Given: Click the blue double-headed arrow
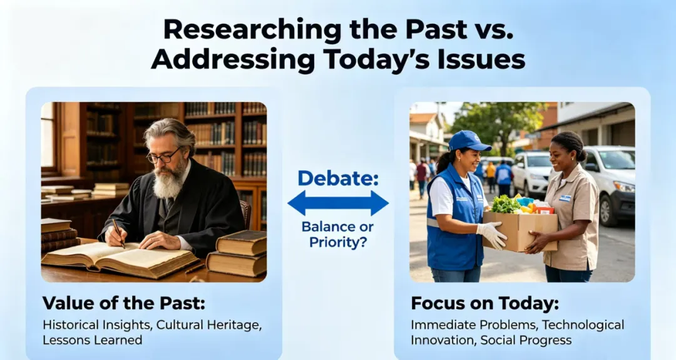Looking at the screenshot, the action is pos(338,203).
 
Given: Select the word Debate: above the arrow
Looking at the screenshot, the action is pos(338,178).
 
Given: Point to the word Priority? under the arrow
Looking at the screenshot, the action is pos(338,242).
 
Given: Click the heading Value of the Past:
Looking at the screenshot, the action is pos(124,303).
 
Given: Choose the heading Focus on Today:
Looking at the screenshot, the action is pos(484,303).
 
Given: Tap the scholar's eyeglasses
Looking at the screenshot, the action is pos(163,156).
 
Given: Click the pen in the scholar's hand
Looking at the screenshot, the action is pos(118,234).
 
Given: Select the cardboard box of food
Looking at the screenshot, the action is pos(520,229).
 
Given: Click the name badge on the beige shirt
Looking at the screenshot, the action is pos(565,198).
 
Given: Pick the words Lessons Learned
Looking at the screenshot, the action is pos(92,340).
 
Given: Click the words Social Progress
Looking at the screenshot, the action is pos(526,340).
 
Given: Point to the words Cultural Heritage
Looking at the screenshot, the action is pos(208,325).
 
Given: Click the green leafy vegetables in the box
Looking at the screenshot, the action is pos(505,204).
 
